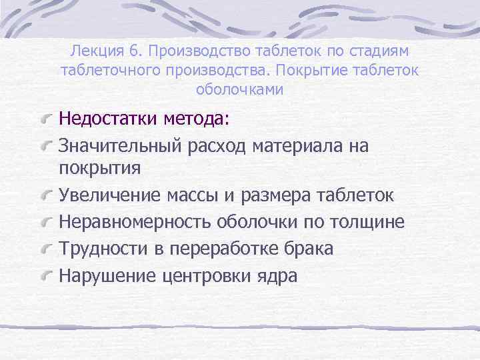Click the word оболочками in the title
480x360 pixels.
tap(240, 89)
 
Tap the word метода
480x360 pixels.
tap(194, 119)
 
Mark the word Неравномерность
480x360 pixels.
tap(134, 222)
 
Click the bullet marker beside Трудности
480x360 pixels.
tap(46, 249)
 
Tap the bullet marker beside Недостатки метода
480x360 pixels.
tap(46, 119)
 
